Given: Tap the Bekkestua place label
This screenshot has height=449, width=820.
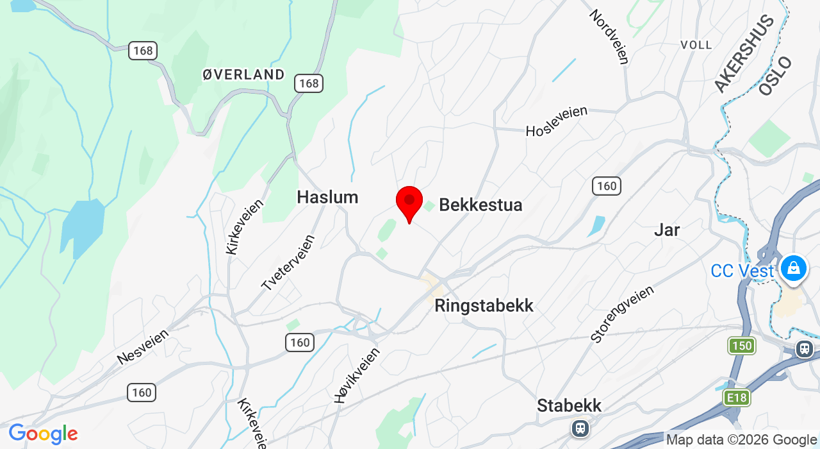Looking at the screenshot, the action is tap(480, 205).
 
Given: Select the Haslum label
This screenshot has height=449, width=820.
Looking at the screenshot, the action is tap(327, 197).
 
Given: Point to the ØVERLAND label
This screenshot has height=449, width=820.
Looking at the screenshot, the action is tap(243, 74).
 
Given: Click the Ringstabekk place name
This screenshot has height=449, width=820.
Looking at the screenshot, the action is tap(484, 305).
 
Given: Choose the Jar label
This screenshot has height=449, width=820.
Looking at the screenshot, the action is tap(667, 230).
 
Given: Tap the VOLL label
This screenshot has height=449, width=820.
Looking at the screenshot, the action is tap(696, 45).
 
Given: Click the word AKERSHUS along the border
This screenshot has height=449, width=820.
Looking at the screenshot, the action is tap(744, 54).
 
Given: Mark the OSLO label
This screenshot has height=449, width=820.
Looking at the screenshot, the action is tap(775, 76).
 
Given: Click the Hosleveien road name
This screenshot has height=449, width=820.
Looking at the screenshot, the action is tap(556, 121).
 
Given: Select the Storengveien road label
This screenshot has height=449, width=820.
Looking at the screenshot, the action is tap(622, 314).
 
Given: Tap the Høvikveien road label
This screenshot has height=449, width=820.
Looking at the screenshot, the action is tap(357, 375).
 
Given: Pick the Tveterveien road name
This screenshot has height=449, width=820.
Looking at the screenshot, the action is tap(288, 263).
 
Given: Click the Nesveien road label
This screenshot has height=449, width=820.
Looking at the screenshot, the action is tap(143, 347).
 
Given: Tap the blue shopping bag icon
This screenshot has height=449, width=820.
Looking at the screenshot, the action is tap(794, 267).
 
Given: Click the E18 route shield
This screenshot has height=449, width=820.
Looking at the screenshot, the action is tap(737, 398).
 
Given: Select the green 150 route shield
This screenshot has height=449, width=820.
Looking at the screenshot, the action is tap(742, 346).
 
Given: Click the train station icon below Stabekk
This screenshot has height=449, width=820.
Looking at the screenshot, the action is tap(580, 427).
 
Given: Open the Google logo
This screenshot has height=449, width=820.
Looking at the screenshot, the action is tap(42, 434).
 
